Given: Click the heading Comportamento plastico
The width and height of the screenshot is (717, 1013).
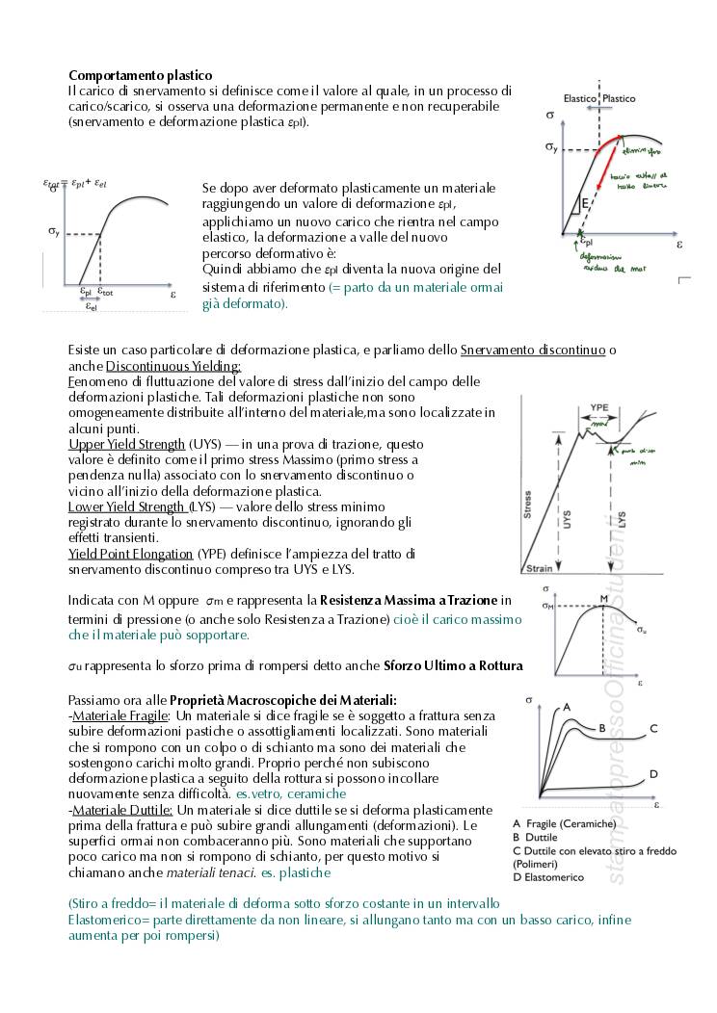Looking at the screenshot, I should (141, 75).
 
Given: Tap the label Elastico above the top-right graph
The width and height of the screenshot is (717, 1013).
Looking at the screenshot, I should (580, 98).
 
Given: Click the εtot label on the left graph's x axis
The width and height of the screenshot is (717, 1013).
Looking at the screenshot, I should (105, 291).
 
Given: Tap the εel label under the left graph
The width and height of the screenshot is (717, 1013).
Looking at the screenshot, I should (91, 306).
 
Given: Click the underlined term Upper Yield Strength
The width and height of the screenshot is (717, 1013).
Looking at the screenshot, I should (126, 444).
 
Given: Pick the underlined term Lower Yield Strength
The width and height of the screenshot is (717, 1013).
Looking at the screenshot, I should (129, 506).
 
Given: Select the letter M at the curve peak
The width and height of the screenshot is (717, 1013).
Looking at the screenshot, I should (604, 598).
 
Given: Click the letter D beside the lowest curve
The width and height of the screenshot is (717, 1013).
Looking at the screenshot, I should (653, 774).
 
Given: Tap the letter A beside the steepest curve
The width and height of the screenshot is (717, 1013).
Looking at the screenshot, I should (568, 707).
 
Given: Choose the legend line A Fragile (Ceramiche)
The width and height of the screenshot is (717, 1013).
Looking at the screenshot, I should (564, 824).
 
